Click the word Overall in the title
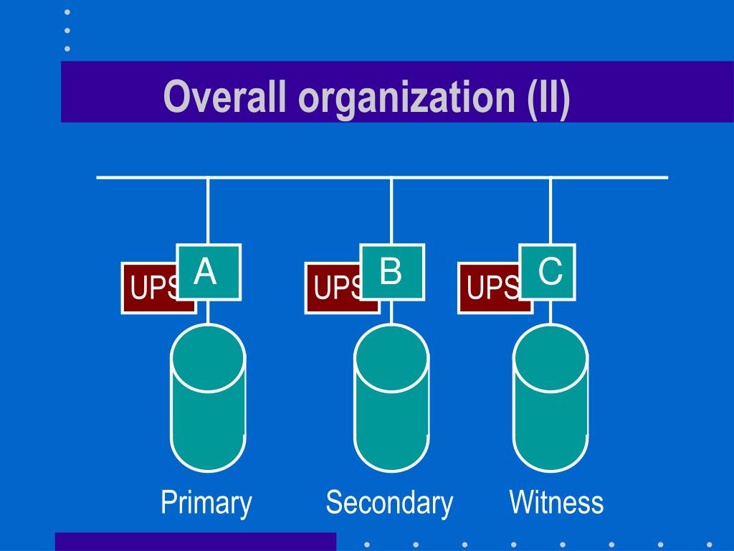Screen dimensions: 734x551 click(224, 96)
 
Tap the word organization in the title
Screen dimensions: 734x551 click(406, 98)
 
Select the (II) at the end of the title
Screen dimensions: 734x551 click(548, 98)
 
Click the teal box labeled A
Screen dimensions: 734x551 click(209, 272)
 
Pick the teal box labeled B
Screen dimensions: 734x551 click(392, 272)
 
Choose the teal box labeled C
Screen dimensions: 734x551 click(547, 272)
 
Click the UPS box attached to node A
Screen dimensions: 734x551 click(149, 288)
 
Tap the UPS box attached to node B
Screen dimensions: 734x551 click(333, 288)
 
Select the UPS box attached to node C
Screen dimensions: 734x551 click(489, 288)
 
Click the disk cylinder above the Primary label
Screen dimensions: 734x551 click(208, 398)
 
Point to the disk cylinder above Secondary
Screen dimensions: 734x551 click(391, 398)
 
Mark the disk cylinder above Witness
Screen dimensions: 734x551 click(550, 398)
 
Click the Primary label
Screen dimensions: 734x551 click(206, 503)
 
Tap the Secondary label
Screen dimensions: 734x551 click(389, 503)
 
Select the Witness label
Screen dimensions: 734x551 click(556, 502)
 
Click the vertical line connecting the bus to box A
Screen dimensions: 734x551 click(208, 211)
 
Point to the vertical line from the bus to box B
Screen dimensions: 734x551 click(391, 211)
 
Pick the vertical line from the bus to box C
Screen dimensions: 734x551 click(550, 211)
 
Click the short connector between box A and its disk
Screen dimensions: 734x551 click(208, 312)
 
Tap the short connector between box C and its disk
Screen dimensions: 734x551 click(550, 312)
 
